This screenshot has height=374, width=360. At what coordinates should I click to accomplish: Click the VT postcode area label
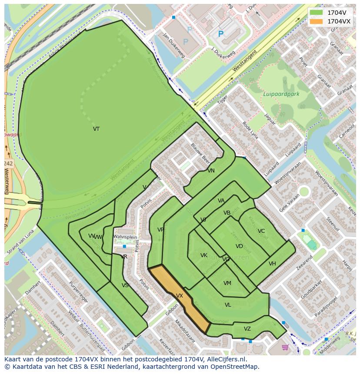pyautogui.click(x=96, y=129)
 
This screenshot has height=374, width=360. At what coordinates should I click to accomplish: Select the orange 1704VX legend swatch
pyautogui.click(x=317, y=21)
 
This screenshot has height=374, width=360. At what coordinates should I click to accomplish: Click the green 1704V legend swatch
pyautogui.click(x=317, y=13)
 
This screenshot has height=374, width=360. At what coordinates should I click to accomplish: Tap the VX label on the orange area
pyautogui.click(x=179, y=296)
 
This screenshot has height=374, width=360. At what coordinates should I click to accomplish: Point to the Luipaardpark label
pyautogui.click(x=281, y=94)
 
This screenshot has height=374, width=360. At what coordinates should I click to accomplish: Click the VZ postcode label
pyautogui.click(x=247, y=329)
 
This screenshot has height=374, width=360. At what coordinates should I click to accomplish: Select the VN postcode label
pyautogui.click(x=211, y=171)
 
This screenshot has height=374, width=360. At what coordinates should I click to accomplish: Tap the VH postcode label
pyautogui.click(x=272, y=264)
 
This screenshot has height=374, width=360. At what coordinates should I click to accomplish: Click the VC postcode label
pyautogui.click(x=261, y=231)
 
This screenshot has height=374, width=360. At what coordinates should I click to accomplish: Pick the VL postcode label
pyautogui.click(x=228, y=305)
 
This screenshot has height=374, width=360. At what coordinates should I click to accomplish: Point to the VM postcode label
pyautogui.click(x=227, y=283)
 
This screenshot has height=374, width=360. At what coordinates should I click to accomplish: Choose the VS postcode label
pyautogui.click(x=125, y=285)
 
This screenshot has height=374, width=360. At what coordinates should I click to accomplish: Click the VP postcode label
pyautogui.click(x=160, y=230)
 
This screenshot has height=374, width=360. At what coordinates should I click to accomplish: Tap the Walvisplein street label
pyautogui.click(x=125, y=237)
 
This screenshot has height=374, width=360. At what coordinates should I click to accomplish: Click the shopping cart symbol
pyautogui.click(x=285, y=347)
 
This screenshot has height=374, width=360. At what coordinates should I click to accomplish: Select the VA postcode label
pyautogui.click(x=221, y=201)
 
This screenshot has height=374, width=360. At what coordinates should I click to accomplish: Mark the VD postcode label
pyautogui.click(x=239, y=246)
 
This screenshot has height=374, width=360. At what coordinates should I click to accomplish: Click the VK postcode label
pyautogui.click(x=203, y=255)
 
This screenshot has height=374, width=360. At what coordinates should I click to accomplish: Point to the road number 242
pyautogui.click(x=8, y=163)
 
